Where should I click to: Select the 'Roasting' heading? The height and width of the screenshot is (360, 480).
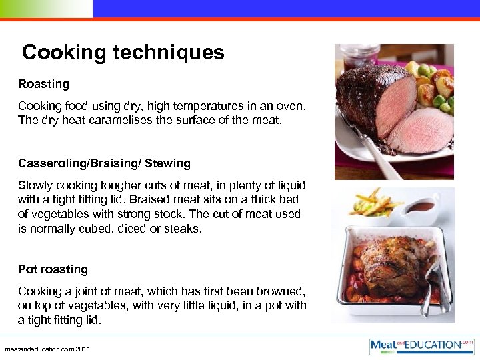point(43,84)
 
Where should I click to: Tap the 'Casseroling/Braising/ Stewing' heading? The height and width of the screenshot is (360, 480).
point(104,163)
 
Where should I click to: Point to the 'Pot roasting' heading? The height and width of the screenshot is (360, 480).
point(53,269)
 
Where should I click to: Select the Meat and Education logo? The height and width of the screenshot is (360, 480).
point(422,345)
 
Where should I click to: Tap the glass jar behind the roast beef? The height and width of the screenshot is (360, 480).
point(360,57)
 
